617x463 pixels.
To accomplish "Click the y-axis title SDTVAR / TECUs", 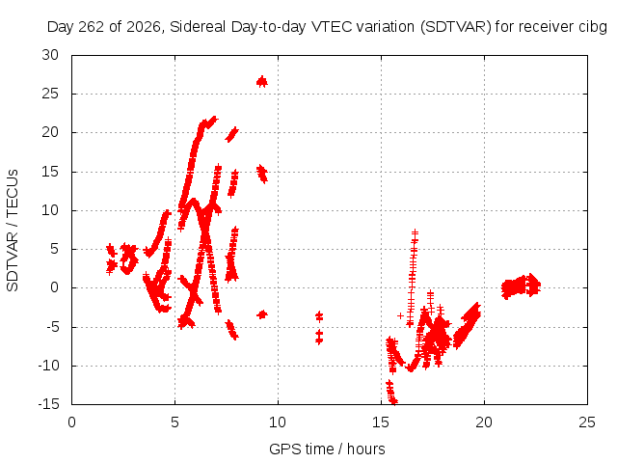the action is coord(13,231).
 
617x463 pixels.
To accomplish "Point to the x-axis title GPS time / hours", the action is coord(327,449).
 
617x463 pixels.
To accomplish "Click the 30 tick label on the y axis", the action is coord(50,55).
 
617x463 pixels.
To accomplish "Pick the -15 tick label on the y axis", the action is coord(48,404).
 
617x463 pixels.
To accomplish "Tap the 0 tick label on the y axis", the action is coord(54,287).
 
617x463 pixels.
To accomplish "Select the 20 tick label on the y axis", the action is coord(50,132).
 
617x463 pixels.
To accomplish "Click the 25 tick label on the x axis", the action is coord(587,422).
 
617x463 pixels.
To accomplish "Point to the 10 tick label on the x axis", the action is coord(278,422).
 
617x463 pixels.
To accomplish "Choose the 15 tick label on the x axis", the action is coord(381,422).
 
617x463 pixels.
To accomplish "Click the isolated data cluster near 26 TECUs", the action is coord(262,81).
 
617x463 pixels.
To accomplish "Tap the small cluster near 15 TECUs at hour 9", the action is coord(262,174).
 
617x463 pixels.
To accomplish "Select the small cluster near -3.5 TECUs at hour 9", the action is coord(262,314).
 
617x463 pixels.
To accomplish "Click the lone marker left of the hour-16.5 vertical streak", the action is coord(401,315).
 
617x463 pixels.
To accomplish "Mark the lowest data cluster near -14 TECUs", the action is coord(391,392).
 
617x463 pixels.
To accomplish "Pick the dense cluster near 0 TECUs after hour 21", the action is coord(521,286).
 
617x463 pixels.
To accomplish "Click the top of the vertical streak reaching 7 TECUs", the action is coord(415,232).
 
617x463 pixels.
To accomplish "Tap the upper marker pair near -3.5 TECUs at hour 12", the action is coord(319,315).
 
